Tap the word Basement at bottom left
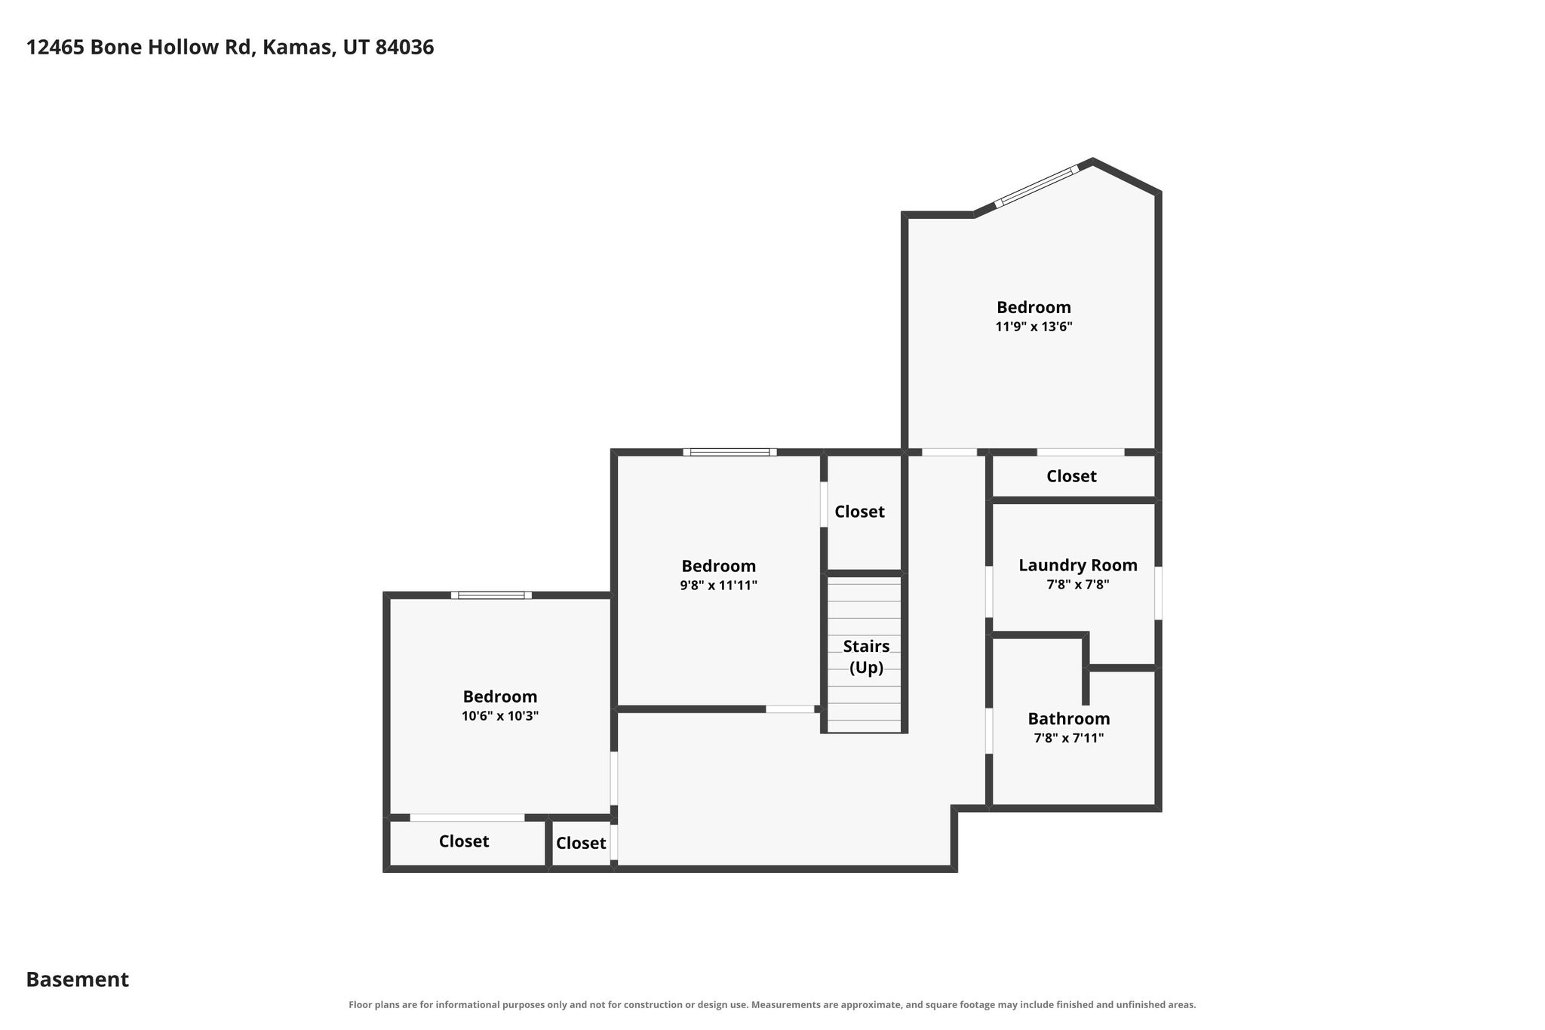coord(78,979)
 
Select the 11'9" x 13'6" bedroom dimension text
coord(1034,327)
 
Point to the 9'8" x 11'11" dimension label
coord(718,586)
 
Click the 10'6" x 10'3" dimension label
coord(500,716)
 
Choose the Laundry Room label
coord(1077,565)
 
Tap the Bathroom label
coord(1068,718)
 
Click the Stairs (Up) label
coord(866,657)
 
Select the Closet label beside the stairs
coord(859,512)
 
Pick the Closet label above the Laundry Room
coord(1071,476)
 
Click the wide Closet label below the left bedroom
coord(464,841)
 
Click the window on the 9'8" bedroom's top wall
coord(729,452)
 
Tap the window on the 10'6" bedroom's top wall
coord(491,595)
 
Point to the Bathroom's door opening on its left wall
coord(989,730)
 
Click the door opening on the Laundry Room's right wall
coord(1158,593)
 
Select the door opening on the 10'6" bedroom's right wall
coord(614,778)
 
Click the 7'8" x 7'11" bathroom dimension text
coord(1068,738)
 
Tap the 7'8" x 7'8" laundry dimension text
coord(1077,585)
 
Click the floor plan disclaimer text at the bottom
coord(772,1004)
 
